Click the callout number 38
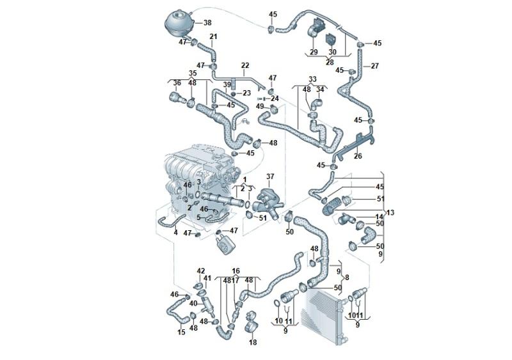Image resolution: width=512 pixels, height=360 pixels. (207, 22)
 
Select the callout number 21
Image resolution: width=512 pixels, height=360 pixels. (213, 36)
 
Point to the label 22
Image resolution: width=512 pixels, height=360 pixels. (245, 65)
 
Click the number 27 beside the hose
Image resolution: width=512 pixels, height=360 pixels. (375, 66)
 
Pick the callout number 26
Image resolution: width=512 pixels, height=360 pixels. (358, 156)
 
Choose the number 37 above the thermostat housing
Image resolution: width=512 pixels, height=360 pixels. (270, 176)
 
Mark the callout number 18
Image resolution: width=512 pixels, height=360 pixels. (253, 343)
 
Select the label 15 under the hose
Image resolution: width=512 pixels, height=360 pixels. (181, 333)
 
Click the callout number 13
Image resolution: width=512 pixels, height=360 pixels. (390, 212)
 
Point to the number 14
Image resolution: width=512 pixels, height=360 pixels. (380, 217)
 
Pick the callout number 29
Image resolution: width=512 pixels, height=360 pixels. (314, 52)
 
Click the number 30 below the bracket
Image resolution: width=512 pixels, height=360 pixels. (332, 52)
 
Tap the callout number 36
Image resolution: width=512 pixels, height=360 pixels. (177, 82)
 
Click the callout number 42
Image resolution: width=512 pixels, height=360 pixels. (201, 271)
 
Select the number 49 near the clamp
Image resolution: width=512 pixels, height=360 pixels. (260, 106)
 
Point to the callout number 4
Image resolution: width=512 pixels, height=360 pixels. (175, 233)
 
